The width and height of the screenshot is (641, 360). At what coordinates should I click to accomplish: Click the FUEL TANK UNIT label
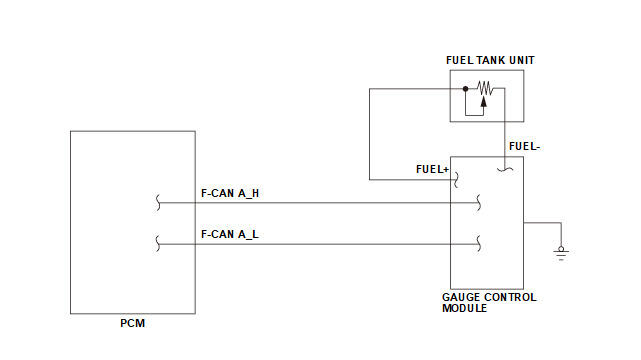(490, 60)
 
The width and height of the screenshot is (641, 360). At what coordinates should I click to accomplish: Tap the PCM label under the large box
(132, 323)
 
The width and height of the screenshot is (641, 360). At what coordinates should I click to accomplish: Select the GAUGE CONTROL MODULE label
(489, 303)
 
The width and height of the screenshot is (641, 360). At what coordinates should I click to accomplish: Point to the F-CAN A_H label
(230, 193)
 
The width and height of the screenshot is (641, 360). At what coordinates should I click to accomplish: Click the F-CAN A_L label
(230, 234)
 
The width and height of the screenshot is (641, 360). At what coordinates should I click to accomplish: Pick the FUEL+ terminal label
(432, 169)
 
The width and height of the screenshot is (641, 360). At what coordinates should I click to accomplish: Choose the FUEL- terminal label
(524, 146)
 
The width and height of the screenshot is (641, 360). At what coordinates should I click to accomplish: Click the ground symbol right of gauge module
(561, 253)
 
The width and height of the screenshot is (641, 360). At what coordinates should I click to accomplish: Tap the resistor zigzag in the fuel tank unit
(485, 88)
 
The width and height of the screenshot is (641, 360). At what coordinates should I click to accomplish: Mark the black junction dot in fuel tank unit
(465, 89)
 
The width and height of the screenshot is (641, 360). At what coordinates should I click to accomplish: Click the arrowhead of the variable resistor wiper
(484, 101)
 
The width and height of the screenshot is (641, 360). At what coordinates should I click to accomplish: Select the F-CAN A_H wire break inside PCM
(158, 203)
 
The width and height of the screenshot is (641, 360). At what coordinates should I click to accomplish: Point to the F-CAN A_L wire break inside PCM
(158, 244)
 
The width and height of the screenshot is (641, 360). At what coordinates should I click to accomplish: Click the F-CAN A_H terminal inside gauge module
(479, 203)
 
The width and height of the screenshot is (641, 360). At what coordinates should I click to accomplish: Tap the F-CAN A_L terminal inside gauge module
(479, 244)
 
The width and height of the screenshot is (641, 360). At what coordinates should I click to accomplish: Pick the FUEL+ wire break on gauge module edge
(456, 180)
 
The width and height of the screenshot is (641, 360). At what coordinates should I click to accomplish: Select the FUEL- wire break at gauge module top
(505, 170)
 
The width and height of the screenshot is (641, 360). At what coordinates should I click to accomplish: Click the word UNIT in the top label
(522, 60)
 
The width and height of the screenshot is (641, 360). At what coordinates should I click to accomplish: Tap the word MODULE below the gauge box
(464, 309)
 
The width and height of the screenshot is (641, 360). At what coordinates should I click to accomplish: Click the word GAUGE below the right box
(460, 297)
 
